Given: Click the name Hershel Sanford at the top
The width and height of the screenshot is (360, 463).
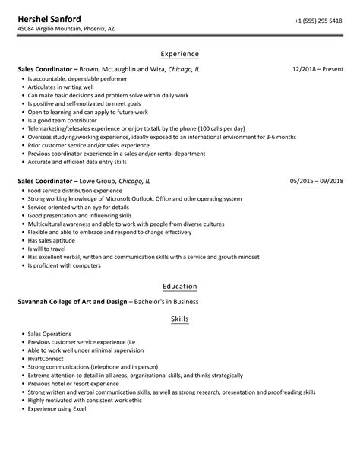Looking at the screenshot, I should click(x=51, y=17).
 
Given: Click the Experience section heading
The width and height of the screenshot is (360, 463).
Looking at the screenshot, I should click(x=180, y=54).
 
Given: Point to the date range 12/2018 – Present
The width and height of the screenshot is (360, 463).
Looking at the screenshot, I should click(x=317, y=68).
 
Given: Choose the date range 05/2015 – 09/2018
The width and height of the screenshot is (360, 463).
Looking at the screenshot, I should click(x=316, y=182).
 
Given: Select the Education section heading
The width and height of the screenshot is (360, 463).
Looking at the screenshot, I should click(x=180, y=287).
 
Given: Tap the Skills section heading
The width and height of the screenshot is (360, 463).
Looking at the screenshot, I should click(x=180, y=320).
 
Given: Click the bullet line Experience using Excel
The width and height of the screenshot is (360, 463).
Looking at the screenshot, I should click(x=57, y=409).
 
